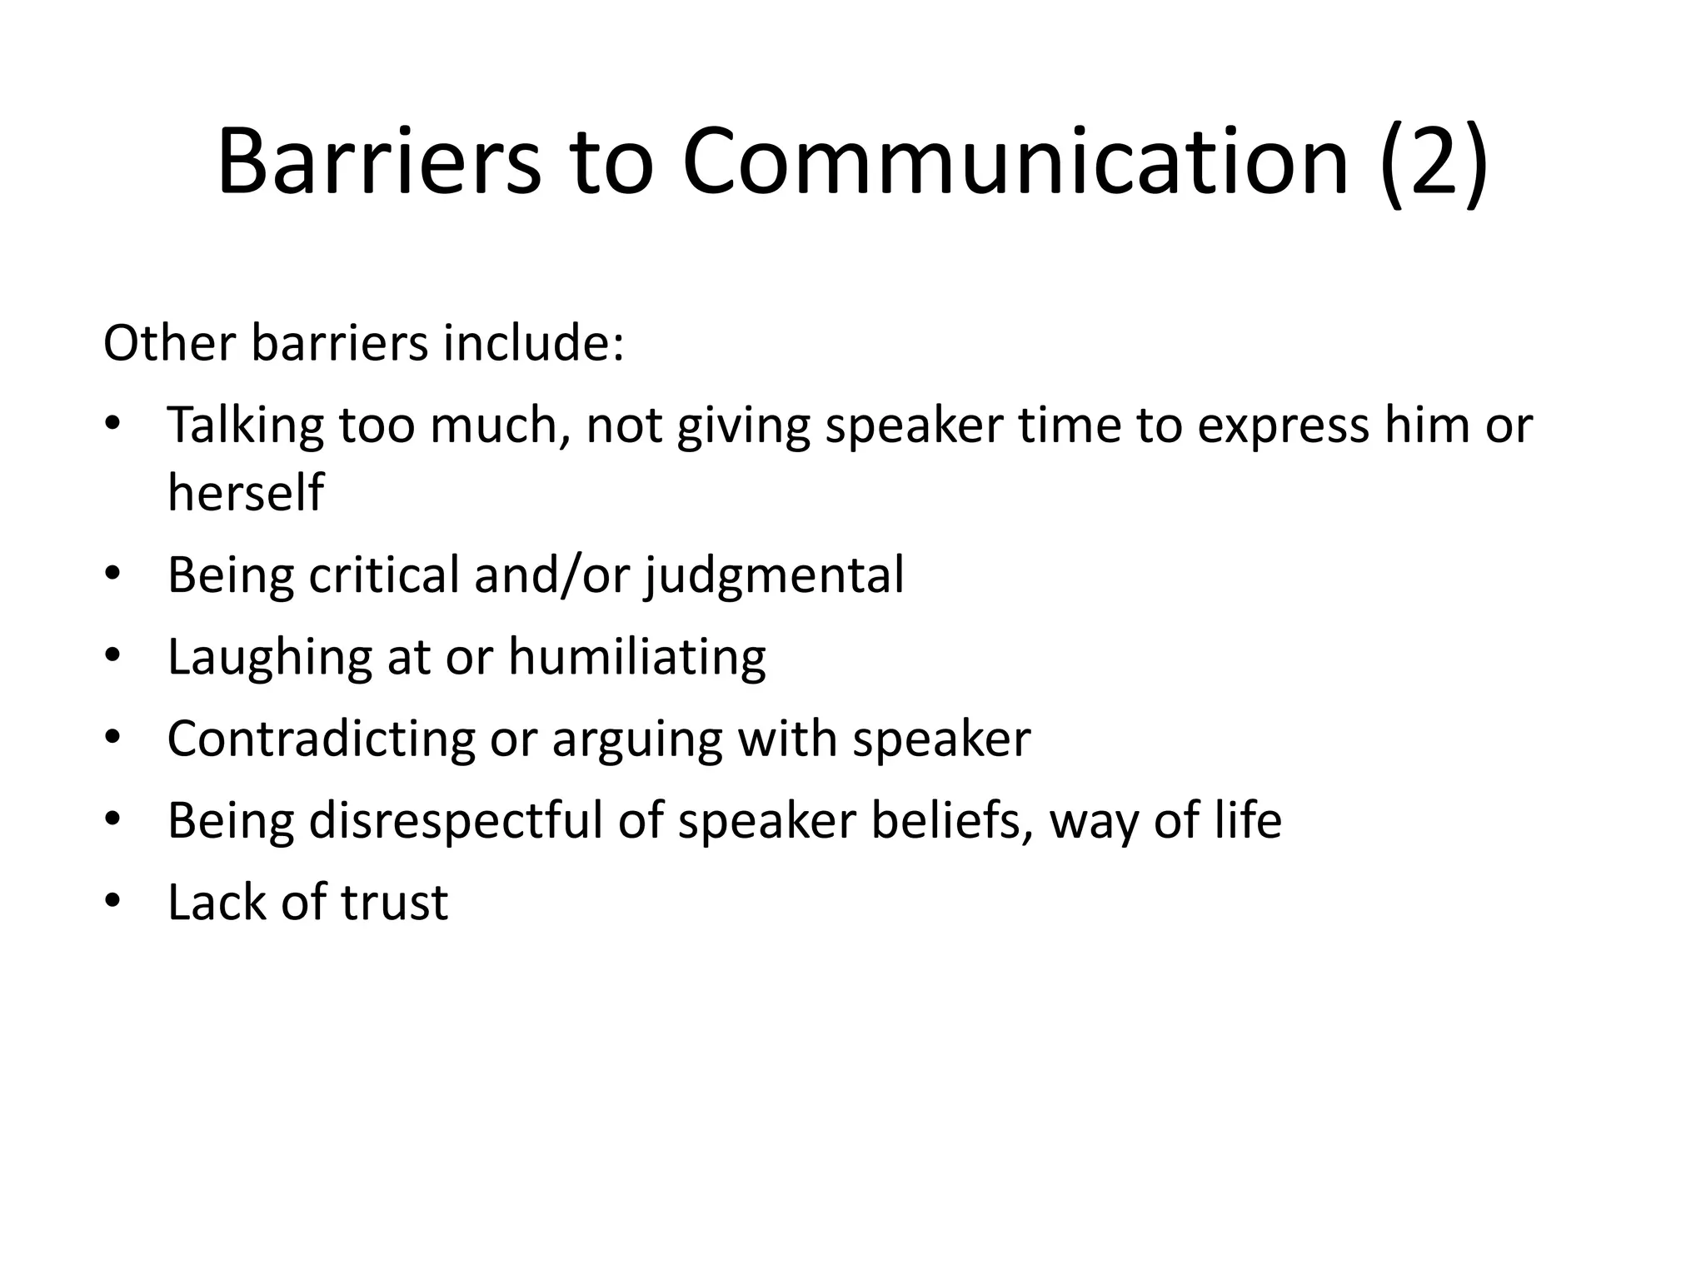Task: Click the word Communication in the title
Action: click(x=1015, y=162)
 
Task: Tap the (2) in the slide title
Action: click(x=1433, y=162)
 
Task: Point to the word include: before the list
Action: click(x=533, y=343)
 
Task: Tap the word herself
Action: click(x=245, y=492)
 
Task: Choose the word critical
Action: click(x=384, y=575)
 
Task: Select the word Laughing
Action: click(x=269, y=658)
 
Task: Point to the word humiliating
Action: click(x=636, y=658)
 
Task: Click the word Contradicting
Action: click(x=321, y=739)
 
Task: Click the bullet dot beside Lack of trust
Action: click(x=113, y=903)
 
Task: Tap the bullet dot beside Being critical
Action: click(x=113, y=575)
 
